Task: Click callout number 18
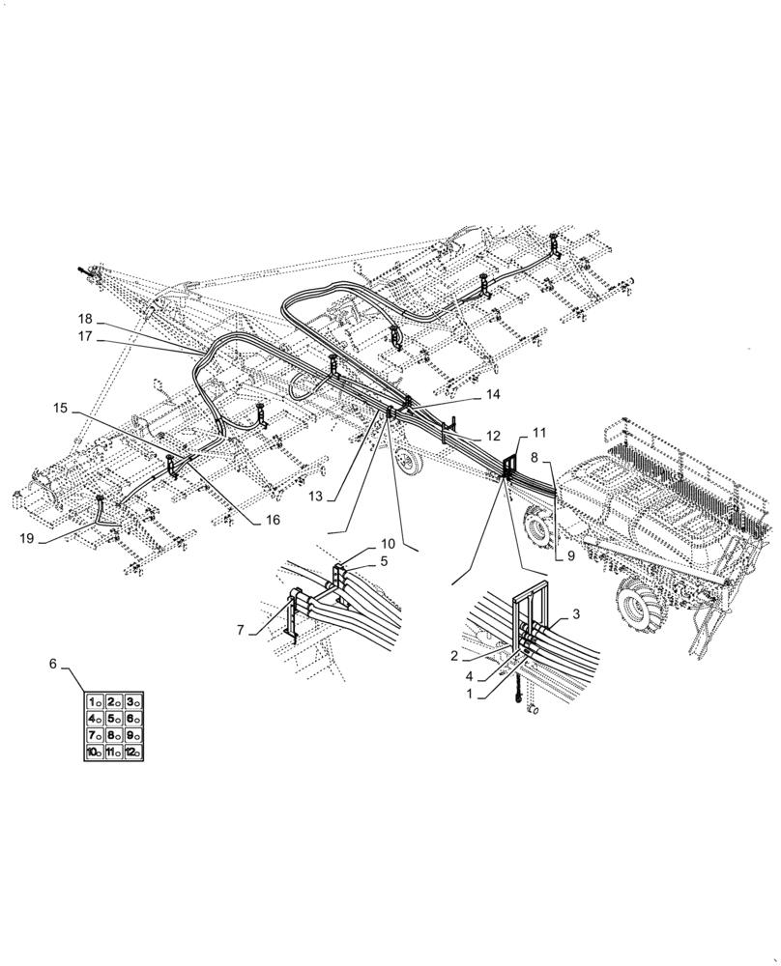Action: [x=85, y=319]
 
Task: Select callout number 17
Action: [x=85, y=337]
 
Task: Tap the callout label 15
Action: [x=61, y=409]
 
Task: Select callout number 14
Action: [x=493, y=394]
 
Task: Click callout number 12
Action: [x=493, y=436]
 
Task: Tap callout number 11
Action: [x=539, y=434]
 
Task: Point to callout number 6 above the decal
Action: [x=53, y=664]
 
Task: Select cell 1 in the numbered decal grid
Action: [x=95, y=701]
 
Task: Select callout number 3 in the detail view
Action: [x=576, y=614]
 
